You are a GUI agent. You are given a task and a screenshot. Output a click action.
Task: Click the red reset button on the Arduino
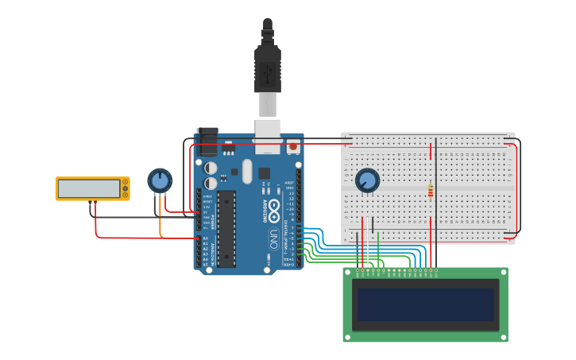[x=293, y=146]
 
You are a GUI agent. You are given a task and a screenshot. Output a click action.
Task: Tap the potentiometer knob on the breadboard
[x=367, y=180]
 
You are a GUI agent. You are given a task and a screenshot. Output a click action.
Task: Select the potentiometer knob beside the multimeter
[x=160, y=180]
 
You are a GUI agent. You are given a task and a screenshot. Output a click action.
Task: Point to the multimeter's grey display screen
[x=89, y=188]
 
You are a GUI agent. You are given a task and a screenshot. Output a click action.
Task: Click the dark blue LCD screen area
[x=425, y=304]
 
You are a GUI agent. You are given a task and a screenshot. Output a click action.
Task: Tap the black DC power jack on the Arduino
[x=207, y=142]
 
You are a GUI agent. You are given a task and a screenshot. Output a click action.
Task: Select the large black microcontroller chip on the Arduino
[x=226, y=228]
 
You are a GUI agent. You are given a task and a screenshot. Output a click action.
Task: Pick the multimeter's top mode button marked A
[x=125, y=182]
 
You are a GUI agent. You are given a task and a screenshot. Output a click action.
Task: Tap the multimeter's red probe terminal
[x=96, y=202]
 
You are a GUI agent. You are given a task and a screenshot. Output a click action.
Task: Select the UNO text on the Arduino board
[x=273, y=238]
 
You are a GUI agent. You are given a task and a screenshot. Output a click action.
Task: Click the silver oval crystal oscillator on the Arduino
[x=247, y=171]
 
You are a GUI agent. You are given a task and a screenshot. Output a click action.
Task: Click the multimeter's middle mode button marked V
[x=125, y=188]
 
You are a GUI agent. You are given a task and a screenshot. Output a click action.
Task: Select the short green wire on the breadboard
[x=378, y=237]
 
